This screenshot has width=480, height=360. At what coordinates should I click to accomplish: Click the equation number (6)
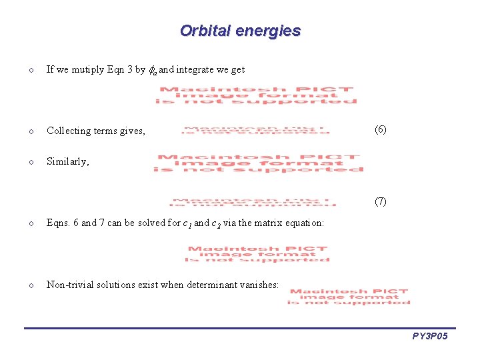point(380,129)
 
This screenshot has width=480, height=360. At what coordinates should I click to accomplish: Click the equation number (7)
point(380,201)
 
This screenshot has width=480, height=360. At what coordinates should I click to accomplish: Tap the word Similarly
point(67,161)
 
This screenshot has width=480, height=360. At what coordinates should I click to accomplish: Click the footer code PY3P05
point(430,337)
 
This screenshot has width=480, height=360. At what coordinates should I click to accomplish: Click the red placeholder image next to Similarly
point(258,163)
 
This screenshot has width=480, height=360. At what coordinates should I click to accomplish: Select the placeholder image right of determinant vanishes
point(349,297)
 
